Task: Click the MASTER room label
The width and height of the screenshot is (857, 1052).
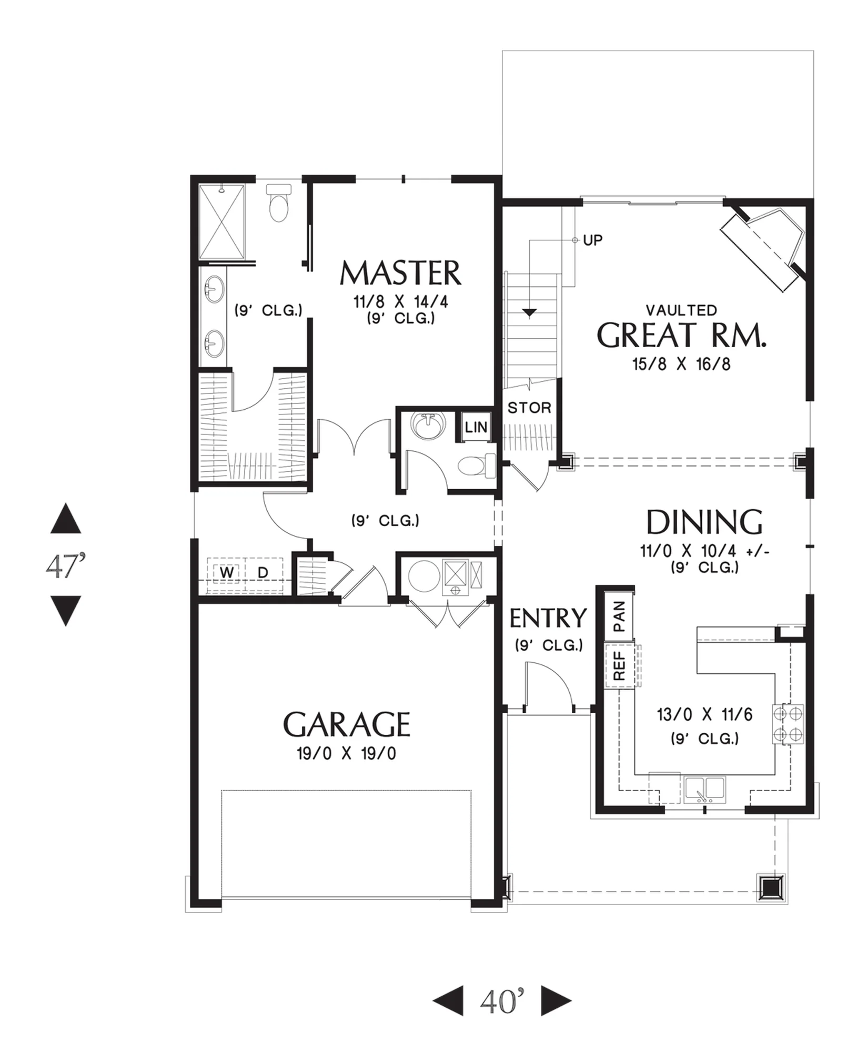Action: (x=400, y=273)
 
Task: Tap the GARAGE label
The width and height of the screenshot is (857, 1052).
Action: (x=347, y=724)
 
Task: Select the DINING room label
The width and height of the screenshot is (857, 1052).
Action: (x=704, y=522)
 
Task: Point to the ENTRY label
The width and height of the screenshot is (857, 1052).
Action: (x=548, y=618)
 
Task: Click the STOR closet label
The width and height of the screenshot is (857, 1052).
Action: (x=529, y=408)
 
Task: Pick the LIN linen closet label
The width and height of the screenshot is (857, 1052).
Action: (x=476, y=427)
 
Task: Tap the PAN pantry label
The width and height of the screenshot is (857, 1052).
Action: (x=619, y=616)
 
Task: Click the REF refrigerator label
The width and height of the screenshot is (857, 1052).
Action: (x=619, y=666)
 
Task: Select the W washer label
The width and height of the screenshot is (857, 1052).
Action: (x=227, y=572)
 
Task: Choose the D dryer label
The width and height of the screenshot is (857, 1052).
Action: (x=263, y=572)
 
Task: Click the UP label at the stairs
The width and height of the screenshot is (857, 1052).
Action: (x=593, y=240)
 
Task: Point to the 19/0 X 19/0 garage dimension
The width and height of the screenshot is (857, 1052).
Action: (x=346, y=754)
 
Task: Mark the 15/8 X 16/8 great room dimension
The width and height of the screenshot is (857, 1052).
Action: (x=681, y=364)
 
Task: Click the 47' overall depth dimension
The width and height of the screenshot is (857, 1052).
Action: (x=66, y=566)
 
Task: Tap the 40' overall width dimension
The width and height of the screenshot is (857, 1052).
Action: (x=502, y=1000)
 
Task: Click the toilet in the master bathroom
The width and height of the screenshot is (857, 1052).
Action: (x=278, y=203)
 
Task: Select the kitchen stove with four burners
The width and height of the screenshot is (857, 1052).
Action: (x=788, y=724)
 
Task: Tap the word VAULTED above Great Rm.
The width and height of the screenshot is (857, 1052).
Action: (x=681, y=310)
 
